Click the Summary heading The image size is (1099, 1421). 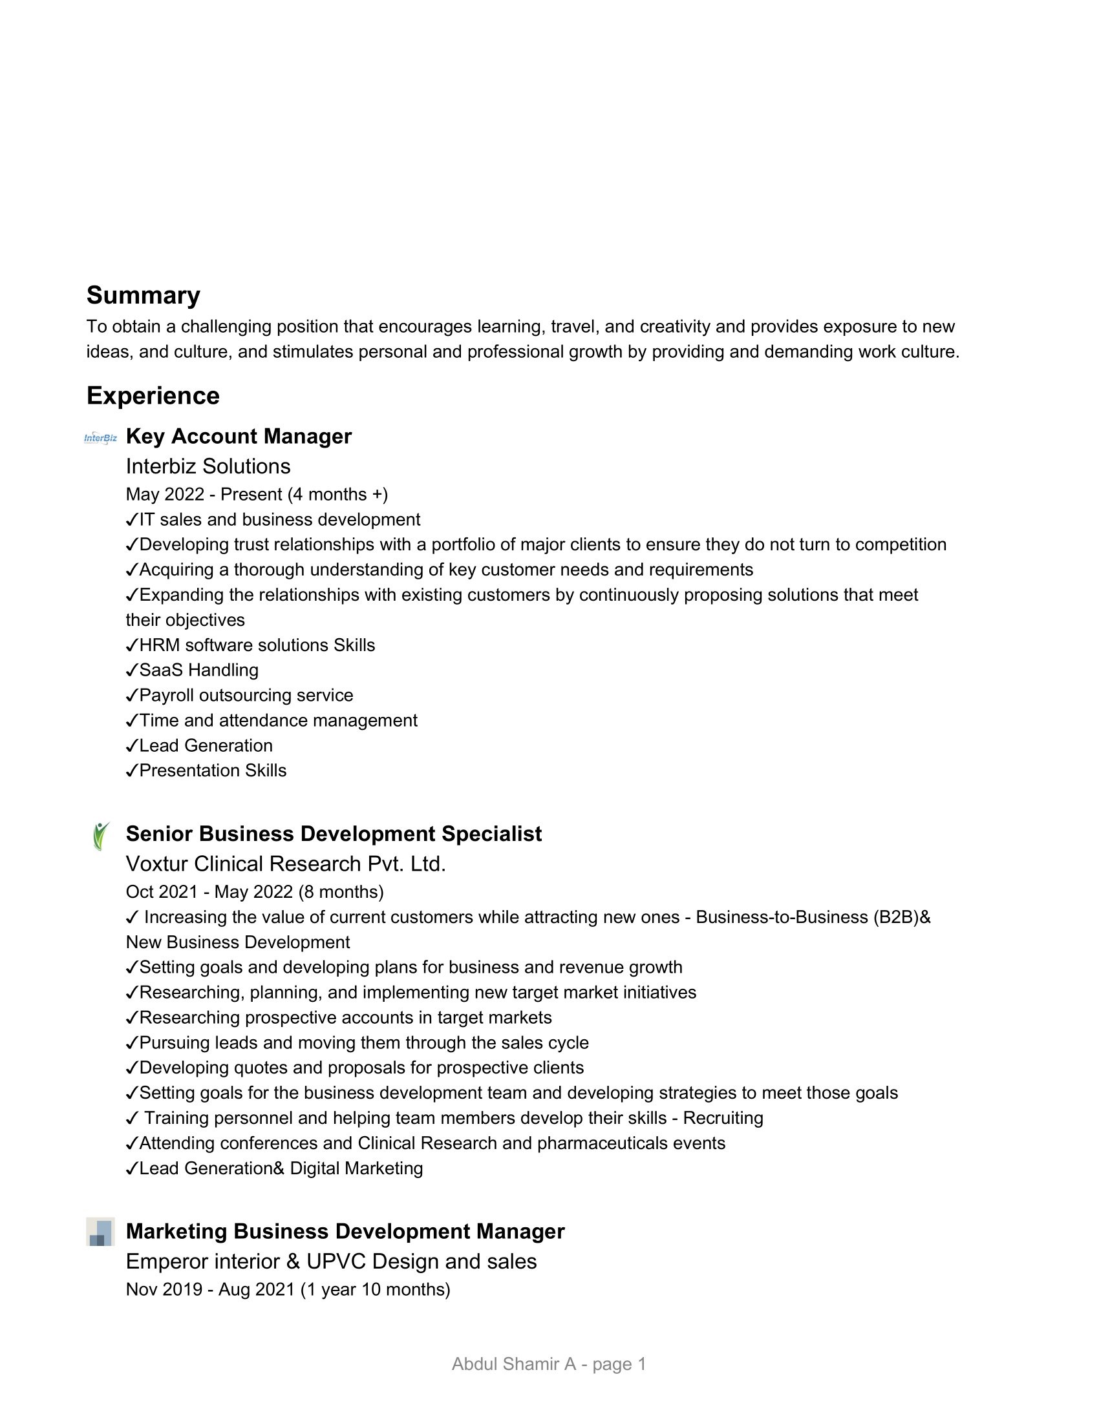(144, 295)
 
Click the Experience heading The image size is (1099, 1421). (153, 395)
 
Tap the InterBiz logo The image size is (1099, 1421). (101, 438)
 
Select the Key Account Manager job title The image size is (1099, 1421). (239, 436)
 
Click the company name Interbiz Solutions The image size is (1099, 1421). (208, 466)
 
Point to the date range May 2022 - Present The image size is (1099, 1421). (257, 494)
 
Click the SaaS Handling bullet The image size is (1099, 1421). (198, 670)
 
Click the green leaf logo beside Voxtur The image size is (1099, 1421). (101, 836)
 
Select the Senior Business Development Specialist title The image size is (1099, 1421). (334, 833)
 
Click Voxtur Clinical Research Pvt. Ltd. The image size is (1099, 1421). (286, 864)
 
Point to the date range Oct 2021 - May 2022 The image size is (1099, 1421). (255, 891)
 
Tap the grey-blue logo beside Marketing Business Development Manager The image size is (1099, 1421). (100, 1232)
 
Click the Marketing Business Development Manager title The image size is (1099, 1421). (345, 1231)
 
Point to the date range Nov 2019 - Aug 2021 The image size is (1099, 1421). (288, 1289)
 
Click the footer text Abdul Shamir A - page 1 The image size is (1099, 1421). (549, 1364)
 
